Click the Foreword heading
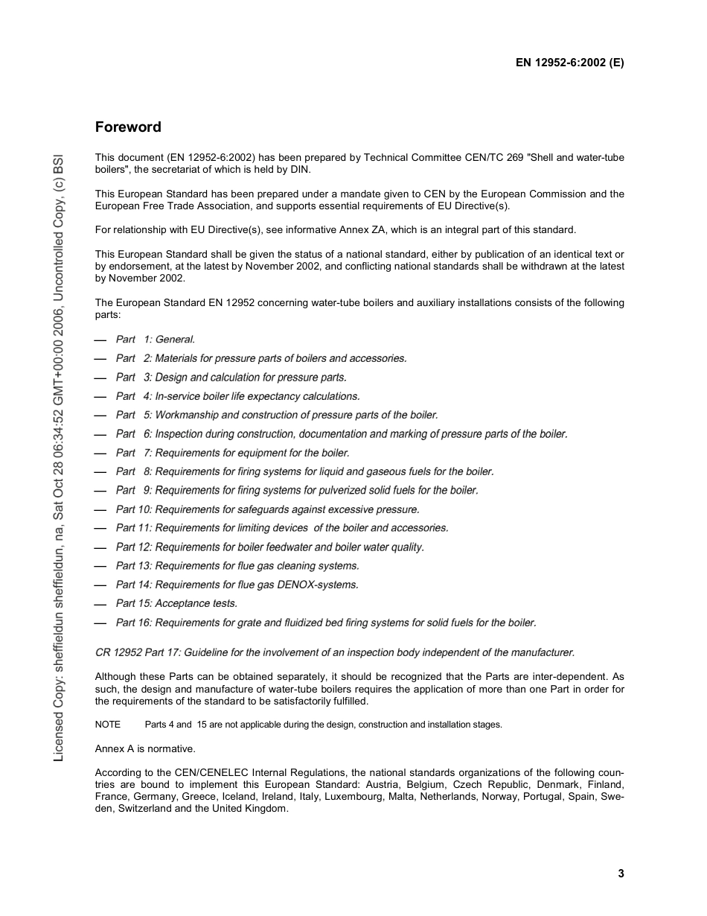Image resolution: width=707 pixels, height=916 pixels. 128,127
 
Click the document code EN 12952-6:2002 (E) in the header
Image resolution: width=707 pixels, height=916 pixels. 569,63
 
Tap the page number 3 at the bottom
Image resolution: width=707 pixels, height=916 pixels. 621,874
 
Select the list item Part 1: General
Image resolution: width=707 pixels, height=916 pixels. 155,340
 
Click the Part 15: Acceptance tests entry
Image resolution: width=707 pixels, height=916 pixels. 176,603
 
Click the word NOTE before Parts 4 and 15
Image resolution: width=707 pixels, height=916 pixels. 108,725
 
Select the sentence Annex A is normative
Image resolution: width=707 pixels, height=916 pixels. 145,748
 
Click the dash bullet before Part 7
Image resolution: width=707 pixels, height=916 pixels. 100,453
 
